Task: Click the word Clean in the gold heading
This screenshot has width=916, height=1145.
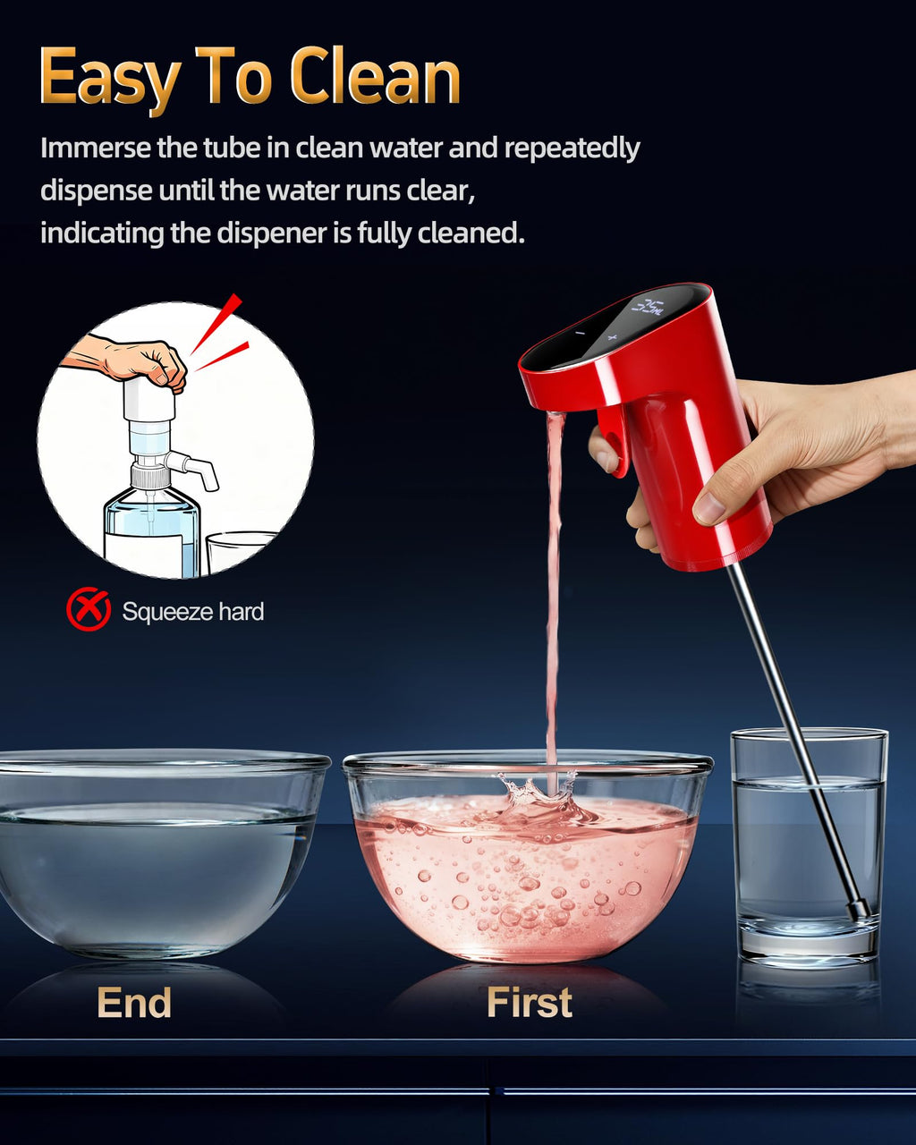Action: tap(375, 76)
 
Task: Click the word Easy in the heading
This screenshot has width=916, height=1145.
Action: tap(110, 80)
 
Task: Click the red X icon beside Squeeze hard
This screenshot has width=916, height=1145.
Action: tap(89, 608)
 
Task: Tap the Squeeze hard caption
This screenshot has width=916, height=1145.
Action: tap(192, 612)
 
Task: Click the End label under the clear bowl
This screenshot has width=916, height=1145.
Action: tap(134, 1003)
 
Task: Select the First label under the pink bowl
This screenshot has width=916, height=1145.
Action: tap(529, 1003)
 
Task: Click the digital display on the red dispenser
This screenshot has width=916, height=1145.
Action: tap(648, 307)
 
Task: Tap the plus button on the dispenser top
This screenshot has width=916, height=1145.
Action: tap(612, 337)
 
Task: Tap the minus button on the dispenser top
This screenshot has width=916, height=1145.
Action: tap(580, 333)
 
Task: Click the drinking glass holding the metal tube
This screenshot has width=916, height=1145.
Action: tap(809, 846)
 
